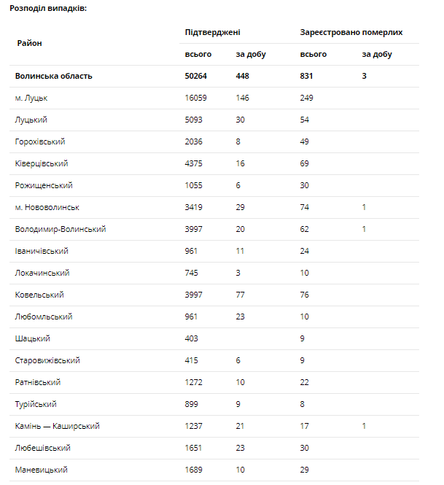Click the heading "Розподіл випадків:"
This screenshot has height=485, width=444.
[48, 8]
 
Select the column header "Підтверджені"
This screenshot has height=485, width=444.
[212, 33]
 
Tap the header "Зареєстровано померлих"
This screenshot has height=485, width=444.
[351, 33]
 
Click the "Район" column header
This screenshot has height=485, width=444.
[29, 43]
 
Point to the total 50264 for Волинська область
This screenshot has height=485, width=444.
[199, 76]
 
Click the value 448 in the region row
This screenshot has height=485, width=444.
[243, 76]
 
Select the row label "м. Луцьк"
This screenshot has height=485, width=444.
[32, 98]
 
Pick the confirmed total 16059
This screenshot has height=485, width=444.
[197, 98]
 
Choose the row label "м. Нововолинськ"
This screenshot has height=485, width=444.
[47, 207]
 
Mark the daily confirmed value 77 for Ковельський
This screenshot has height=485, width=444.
[240, 295]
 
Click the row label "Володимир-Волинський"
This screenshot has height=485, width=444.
[61, 229]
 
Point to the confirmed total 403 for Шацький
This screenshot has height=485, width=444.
[192, 338]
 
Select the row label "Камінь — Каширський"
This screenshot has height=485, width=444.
[57, 426]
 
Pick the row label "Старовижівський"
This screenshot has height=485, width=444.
[47, 360]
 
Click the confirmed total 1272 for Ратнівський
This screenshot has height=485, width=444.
[195, 382]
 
